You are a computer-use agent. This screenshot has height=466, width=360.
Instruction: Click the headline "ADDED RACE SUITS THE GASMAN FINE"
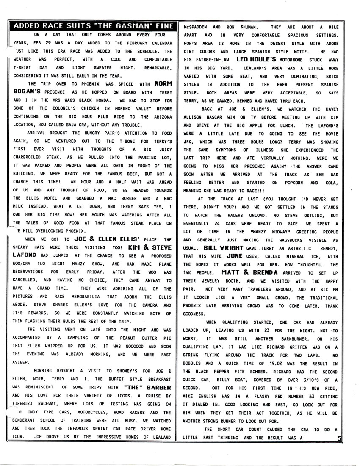click(x=93, y=26)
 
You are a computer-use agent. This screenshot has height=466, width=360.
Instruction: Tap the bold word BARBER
click(x=159, y=387)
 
